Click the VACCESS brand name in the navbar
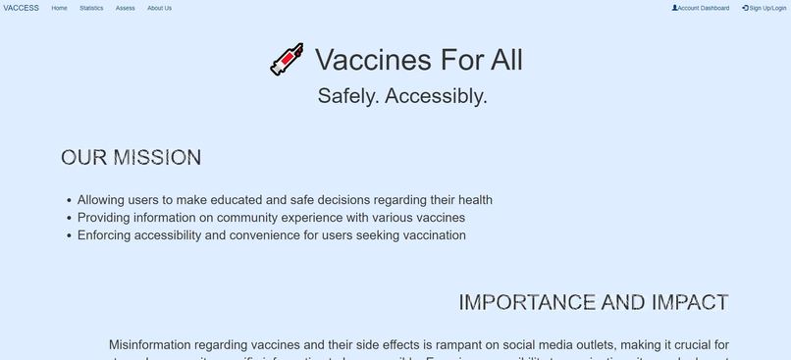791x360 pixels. pos(21,8)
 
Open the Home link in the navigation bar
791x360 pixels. pos(60,8)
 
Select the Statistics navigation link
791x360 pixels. pos(91,8)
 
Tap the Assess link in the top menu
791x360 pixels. pos(126,8)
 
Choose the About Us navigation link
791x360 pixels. pos(159,8)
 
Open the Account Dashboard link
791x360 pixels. pos(704,8)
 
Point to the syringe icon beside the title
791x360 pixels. pos(286,60)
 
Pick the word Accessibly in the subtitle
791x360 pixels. pos(436,96)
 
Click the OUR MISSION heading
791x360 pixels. pos(131,157)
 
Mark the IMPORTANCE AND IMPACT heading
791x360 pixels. pos(593,302)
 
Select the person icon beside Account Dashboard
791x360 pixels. pos(675,8)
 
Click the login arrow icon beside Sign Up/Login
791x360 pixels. pos(746,8)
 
